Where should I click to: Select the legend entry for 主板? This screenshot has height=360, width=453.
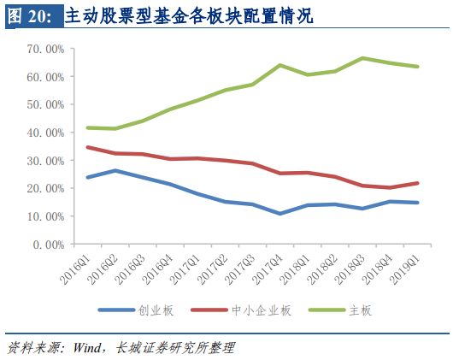(359, 310)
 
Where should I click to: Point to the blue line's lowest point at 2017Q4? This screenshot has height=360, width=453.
(279, 214)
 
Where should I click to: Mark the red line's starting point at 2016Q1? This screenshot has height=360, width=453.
(86, 147)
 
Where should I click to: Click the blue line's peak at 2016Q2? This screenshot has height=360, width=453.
(115, 170)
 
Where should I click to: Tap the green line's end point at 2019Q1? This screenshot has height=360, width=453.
(417, 67)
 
